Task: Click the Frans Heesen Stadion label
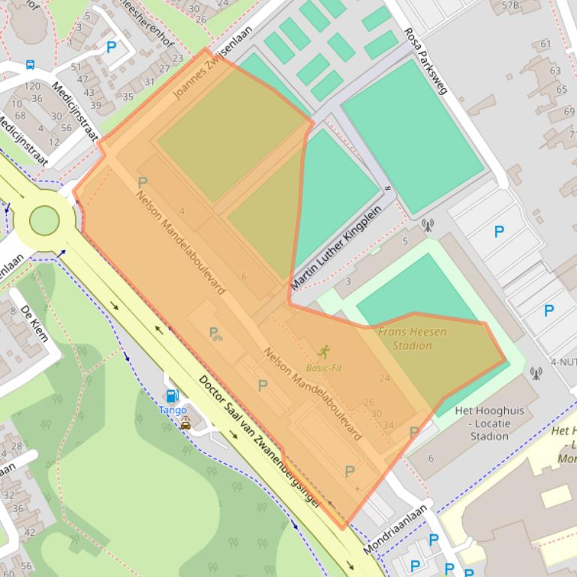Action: click(x=412, y=338)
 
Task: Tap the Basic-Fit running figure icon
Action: click(x=323, y=351)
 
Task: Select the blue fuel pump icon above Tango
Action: click(x=173, y=396)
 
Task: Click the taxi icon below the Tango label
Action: click(x=185, y=424)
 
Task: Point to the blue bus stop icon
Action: click(x=30, y=64)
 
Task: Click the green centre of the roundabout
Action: click(x=44, y=220)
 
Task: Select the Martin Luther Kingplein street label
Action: click(x=336, y=238)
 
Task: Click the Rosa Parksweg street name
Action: click(x=425, y=61)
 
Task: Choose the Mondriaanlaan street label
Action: click(x=395, y=529)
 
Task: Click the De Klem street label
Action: click(x=35, y=323)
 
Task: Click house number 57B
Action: click(x=509, y=5)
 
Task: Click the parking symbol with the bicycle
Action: click(x=215, y=333)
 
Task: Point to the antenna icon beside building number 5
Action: click(x=428, y=223)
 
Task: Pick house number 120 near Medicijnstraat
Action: click(x=32, y=86)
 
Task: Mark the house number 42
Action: click(x=30, y=533)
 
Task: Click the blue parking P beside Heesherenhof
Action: click(x=112, y=47)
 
